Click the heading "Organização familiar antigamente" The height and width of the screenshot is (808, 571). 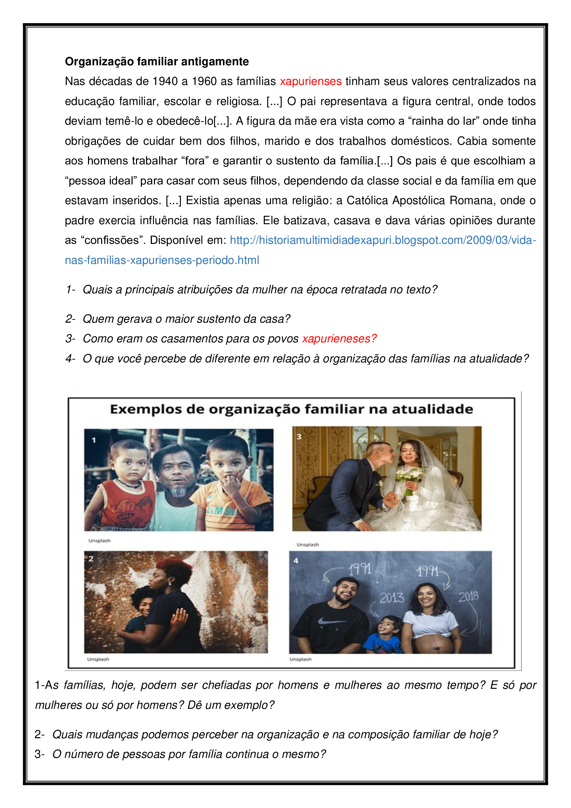point(157,61)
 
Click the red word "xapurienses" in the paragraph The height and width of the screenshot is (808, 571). point(310,81)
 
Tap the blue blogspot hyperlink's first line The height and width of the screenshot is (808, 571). point(383,240)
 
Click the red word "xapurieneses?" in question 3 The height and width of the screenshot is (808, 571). point(339,339)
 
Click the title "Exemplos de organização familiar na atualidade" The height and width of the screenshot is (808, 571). point(291,409)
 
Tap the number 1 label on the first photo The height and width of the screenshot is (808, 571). point(94,440)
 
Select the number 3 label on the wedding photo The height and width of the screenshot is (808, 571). point(299,437)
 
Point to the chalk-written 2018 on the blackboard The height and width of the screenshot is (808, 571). point(468,596)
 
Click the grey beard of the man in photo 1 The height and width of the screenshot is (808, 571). point(179,491)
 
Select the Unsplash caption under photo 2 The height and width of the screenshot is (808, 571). point(98,659)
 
